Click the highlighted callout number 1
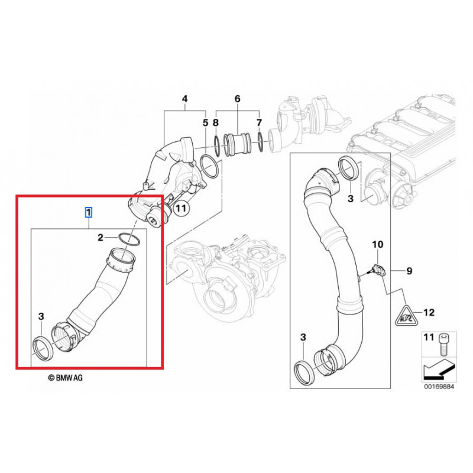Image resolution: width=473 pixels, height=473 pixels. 89,212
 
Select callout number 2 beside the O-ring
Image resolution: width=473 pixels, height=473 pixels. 101,237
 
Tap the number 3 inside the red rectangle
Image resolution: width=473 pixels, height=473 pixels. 41,317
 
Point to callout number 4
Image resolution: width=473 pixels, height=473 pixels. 184,99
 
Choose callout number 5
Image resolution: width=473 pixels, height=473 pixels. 205,123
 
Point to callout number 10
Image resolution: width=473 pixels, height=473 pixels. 377,244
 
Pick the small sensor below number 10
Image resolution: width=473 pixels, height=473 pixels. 376,269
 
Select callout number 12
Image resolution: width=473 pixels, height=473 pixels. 430,312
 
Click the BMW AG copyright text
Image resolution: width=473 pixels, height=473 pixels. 66,377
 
